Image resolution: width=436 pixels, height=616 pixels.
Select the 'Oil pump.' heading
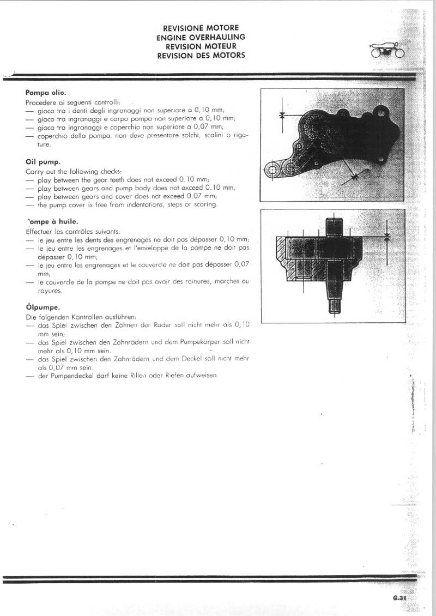click(43, 162)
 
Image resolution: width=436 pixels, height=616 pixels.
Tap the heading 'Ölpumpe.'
click(43, 307)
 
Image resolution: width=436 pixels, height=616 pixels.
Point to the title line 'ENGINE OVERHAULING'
click(201, 37)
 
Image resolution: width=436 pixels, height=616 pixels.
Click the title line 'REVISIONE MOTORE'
click(201, 28)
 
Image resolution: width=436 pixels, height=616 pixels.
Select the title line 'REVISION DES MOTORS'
click(201, 55)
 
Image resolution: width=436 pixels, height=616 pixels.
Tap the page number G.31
click(399, 598)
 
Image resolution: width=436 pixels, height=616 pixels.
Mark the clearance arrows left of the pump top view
click(282, 115)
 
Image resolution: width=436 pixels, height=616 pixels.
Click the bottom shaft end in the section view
click(335, 305)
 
